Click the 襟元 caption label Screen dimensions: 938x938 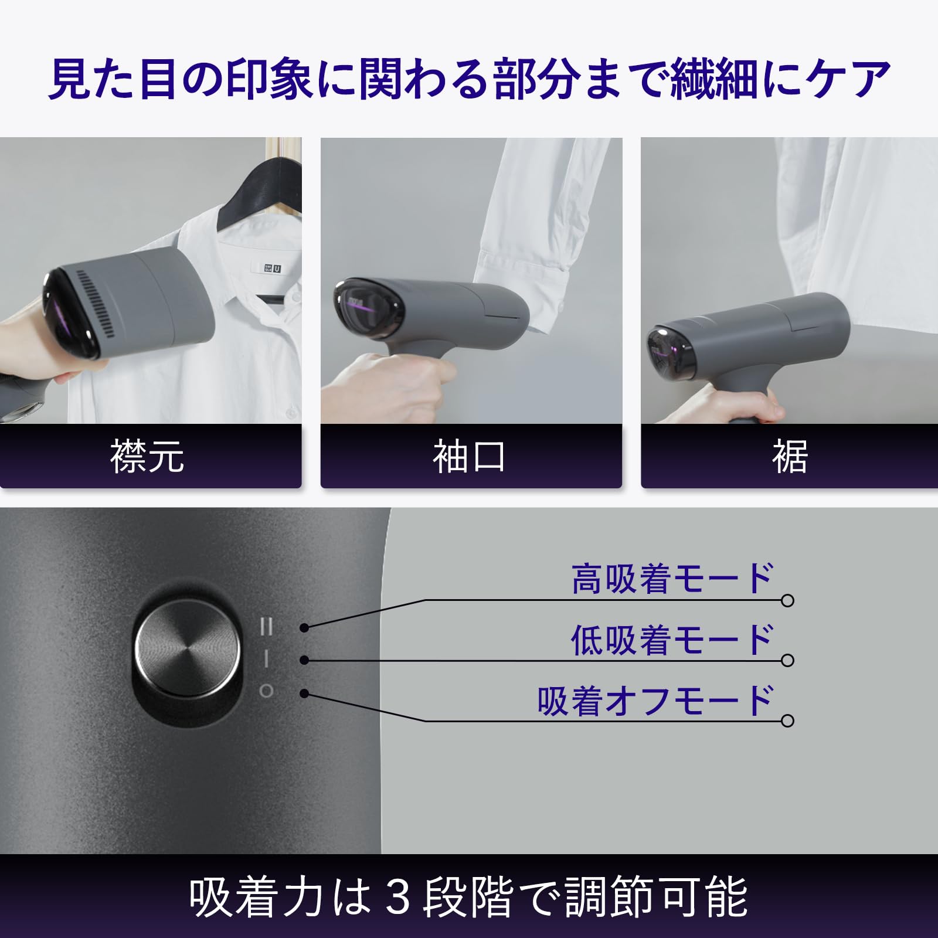[x=147, y=456]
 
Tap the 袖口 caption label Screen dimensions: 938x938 [x=469, y=456]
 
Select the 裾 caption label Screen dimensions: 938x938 [x=790, y=456]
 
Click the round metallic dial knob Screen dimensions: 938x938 [x=187, y=647]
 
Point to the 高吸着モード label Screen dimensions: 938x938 [x=672, y=579]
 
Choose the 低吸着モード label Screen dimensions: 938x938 [x=672, y=640]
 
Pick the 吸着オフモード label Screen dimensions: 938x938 [x=655, y=701]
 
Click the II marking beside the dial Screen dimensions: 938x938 [x=266, y=627]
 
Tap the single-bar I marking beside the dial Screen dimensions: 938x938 [x=266, y=659]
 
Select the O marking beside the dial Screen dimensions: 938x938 [x=266, y=692]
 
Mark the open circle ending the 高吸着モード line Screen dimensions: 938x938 [x=788, y=600]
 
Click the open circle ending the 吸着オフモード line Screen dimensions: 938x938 [x=788, y=721]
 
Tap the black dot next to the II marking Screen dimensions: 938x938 [x=304, y=628]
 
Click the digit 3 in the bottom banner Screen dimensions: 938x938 [x=399, y=897]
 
